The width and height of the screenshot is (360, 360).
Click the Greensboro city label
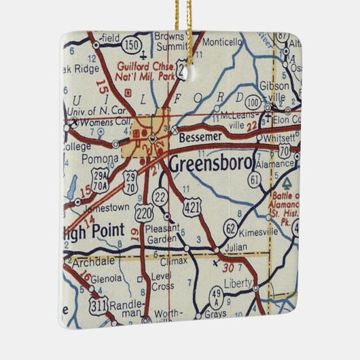click(x=211, y=164)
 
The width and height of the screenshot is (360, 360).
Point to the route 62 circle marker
click(x=231, y=228)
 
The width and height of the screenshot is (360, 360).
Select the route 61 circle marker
click(x=255, y=179)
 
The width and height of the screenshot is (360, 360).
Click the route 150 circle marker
click(x=134, y=46)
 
